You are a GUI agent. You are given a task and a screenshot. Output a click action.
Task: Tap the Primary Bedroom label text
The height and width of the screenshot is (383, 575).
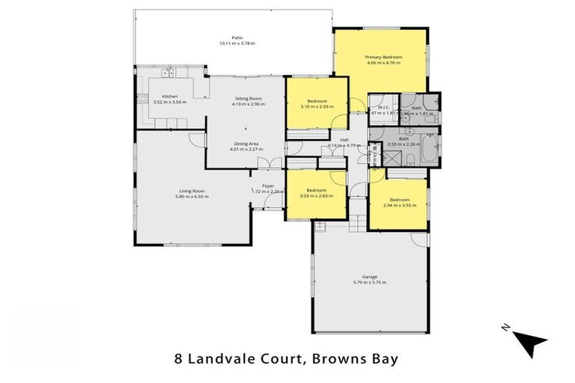click(x=383, y=58)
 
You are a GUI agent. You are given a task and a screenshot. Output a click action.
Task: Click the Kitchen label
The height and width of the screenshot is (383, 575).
click(x=169, y=96)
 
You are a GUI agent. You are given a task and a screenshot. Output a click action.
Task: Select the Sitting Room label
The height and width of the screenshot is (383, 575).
click(x=246, y=99)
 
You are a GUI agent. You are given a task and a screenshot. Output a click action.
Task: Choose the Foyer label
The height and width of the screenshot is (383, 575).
click(x=267, y=186)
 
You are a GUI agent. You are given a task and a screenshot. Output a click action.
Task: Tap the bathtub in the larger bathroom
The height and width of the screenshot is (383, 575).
click(x=430, y=147)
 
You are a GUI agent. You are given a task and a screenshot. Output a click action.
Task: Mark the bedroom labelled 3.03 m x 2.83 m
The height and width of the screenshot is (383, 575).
click(x=315, y=193)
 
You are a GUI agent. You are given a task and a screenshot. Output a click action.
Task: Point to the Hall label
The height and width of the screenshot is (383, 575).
click(x=344, y=140)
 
